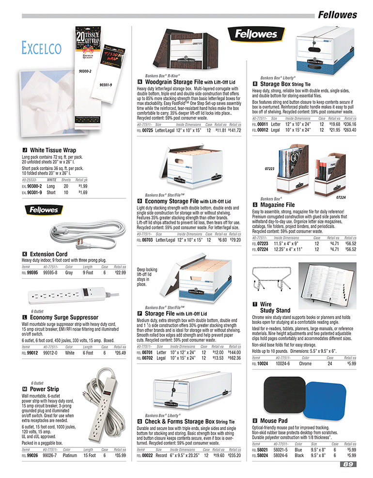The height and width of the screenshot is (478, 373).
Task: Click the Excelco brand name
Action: point(41,48)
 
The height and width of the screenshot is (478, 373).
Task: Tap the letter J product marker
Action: point(25,150)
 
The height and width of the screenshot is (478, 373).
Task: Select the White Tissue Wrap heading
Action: point(53,150)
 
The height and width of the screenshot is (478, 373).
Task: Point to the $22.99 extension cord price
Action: point(120,272)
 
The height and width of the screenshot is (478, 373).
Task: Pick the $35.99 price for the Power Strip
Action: point(120,455)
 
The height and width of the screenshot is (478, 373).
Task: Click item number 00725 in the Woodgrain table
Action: point(147,131)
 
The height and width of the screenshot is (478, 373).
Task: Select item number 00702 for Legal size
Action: point(147,358)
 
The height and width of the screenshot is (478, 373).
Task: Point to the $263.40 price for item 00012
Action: point(349,130)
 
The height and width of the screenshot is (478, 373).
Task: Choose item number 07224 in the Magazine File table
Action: point(262,249)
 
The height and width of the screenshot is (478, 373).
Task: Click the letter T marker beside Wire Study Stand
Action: point(255,304)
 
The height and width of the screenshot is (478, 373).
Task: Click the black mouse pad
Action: point(278,394)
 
